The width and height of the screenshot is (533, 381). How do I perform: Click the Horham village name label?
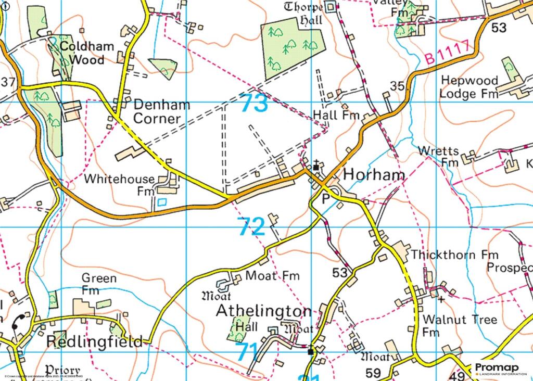[x=374, y=175]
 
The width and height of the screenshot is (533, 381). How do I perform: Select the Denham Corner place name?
[x=161, y=111]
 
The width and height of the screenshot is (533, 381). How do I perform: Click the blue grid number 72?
[x=251, y=227]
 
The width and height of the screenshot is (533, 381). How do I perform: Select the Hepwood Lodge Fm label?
[x=468, y=87]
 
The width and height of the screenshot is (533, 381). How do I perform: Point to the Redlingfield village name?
[x=94, y=342]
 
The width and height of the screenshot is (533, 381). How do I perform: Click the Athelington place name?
[x=263, y=311]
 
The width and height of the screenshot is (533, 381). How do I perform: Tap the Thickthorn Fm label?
[x=454, y=255]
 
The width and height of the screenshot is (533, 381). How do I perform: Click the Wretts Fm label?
[x=439, y=156]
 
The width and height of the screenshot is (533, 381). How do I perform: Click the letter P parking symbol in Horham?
[x=326, y=199]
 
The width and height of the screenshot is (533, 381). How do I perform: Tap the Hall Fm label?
[x=336, y=115]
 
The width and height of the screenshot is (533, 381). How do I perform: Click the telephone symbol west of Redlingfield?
[x=19, y=321]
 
